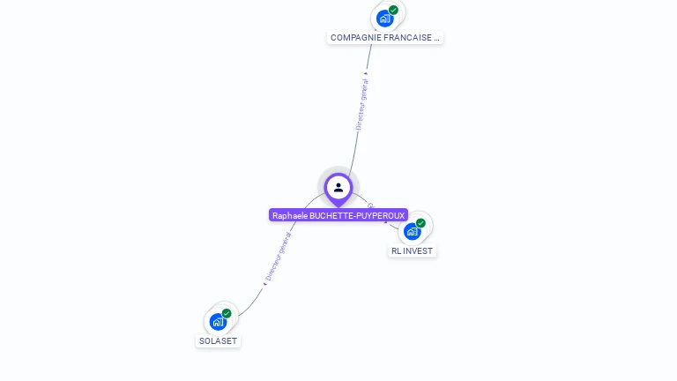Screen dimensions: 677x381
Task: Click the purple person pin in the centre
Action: point(338,189)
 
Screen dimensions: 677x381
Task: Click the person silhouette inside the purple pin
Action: point(338,187)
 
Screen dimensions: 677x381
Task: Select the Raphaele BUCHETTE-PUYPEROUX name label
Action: point(338,215)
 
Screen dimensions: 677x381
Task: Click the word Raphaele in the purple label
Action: point(290,215)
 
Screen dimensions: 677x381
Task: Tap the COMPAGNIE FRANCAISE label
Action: point(384,38)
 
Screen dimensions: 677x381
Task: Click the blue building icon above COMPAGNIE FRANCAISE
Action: point(384,18)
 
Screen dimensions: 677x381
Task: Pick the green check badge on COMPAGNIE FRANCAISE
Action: point(393,11)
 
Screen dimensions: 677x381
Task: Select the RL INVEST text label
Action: point(413,250)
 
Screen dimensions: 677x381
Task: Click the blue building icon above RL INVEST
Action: point(412,231)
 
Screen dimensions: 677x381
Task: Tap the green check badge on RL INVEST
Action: point(420,223)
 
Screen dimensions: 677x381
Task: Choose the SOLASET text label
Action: point(218,340)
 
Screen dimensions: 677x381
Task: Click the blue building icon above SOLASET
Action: point(217,321)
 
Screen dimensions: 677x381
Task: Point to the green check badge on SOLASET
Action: point(227,313)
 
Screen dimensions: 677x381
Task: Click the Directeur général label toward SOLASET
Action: point(279,257)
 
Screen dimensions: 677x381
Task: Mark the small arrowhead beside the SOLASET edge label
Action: point(264,283)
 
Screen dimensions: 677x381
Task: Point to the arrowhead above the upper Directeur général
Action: point(366,73)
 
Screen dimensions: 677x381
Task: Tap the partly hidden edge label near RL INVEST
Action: point(371,205)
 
